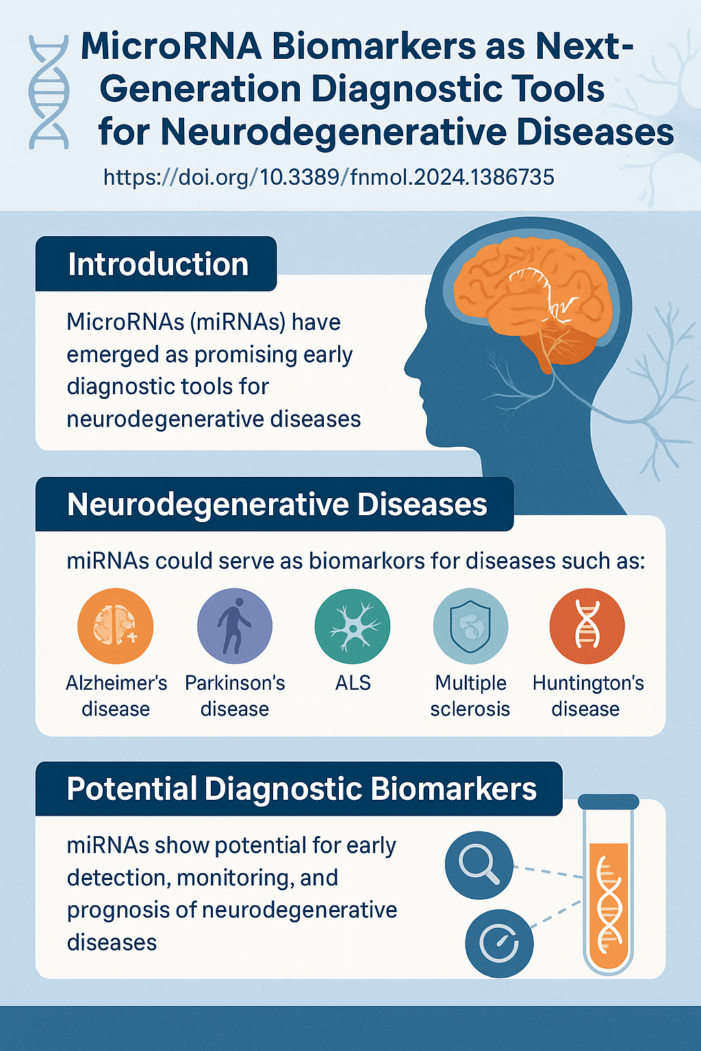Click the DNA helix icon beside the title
click(49, 92)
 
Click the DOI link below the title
click(329, 177)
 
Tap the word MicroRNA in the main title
click(171, 47)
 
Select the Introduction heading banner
click(156, 263)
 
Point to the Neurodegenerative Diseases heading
click(277, 505)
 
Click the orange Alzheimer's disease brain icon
click(116, 626)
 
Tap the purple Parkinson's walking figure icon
click(235, 626)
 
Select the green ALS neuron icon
click(353, 626)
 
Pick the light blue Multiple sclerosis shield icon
click(470, 626)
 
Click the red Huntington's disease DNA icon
click(587, 626)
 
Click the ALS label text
click(353, 683)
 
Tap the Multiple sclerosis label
click(470, 696)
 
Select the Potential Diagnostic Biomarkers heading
click(301, 789)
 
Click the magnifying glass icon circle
click(479, 865)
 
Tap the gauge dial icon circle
click(499, 944)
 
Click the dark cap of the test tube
click(609, 802)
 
